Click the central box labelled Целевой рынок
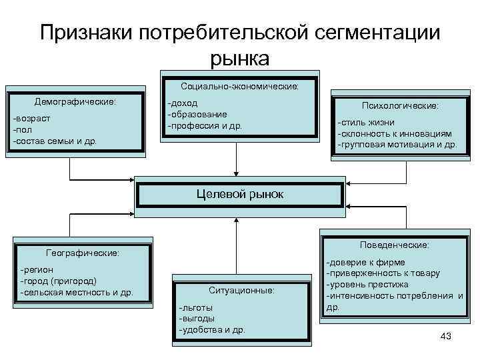coord(240,194)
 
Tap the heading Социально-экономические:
coord(240,87)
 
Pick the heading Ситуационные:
coord(241,291)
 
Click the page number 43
coord(446,337)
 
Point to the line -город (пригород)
coord(59,281)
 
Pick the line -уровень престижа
coord(367,285)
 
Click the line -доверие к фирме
coord(365,263)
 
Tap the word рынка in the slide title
coord(240,59)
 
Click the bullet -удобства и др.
coord(212,329)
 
